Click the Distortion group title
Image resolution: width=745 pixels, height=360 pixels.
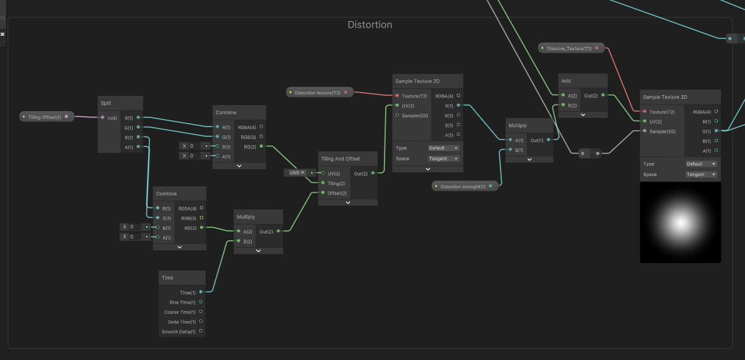coord(370,25)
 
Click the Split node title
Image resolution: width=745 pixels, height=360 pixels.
coord(106,103)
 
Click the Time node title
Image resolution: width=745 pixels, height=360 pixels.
coord(167,278)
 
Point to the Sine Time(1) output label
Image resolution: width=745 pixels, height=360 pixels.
coord(182,303)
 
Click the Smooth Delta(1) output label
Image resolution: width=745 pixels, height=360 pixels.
coord(178,332)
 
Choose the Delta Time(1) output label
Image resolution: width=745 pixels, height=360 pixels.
coord(181,322)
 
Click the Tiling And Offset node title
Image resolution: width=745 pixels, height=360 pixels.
coord(340,159)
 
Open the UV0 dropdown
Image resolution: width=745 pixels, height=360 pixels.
coord(296,173)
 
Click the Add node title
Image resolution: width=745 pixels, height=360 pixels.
coord(566,81)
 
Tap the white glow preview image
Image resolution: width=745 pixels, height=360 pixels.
coord(680,222)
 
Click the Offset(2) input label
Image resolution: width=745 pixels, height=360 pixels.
coord(337,193)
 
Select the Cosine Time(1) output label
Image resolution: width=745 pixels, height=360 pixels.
coord(180,312)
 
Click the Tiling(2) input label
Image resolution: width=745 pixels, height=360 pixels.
coord(337,183)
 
